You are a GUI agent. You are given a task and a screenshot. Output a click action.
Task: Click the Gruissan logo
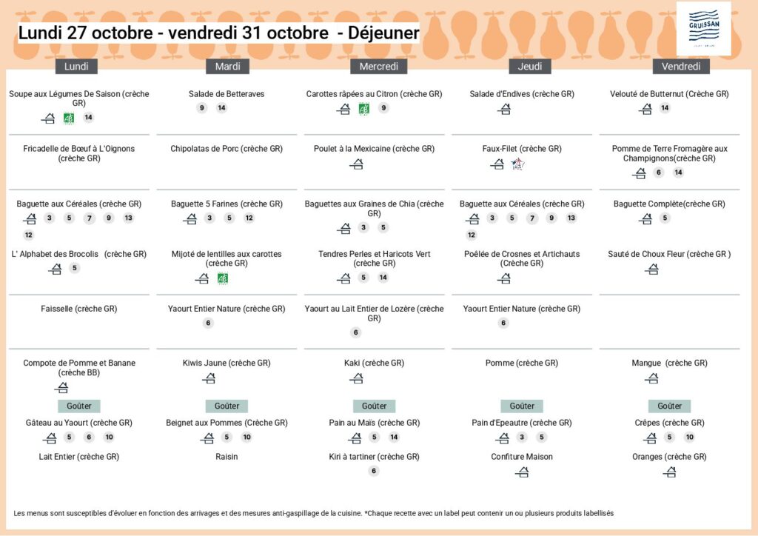(703, 28)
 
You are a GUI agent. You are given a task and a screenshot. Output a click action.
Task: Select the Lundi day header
(76, 67)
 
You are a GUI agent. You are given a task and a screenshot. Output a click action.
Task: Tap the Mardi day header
(227, 67)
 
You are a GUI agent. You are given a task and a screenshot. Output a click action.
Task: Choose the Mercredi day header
(378, 67)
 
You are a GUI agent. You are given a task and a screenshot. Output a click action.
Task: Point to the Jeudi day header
(530, 67)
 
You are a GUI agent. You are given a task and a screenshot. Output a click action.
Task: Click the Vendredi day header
(681, 67)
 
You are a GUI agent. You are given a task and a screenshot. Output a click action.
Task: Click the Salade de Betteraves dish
(227, 94)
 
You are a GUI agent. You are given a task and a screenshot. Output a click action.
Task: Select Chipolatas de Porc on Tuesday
(227, 149)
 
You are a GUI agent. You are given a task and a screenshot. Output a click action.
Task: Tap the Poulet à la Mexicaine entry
(374, 149)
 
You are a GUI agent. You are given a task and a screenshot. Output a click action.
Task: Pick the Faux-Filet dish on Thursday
(522, 149)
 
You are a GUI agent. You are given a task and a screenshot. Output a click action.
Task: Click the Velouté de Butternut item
(669, 94)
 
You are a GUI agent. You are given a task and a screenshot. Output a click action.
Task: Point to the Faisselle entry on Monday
(79, 309)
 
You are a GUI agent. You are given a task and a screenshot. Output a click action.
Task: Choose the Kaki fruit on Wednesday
(374, 363)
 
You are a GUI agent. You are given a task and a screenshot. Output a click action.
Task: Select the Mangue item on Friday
(669, 363)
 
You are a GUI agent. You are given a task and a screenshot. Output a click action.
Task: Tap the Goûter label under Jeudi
(522, 406)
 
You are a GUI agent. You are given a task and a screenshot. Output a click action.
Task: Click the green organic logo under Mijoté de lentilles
(222, 278)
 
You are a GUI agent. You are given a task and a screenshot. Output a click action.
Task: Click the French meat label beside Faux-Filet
(517, 164)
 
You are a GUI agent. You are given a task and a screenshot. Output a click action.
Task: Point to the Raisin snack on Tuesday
(227, 457)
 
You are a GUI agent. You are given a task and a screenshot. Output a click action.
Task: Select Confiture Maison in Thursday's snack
(522, 457)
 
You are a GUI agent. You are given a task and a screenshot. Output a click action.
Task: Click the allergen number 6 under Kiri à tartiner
(374, 471)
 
